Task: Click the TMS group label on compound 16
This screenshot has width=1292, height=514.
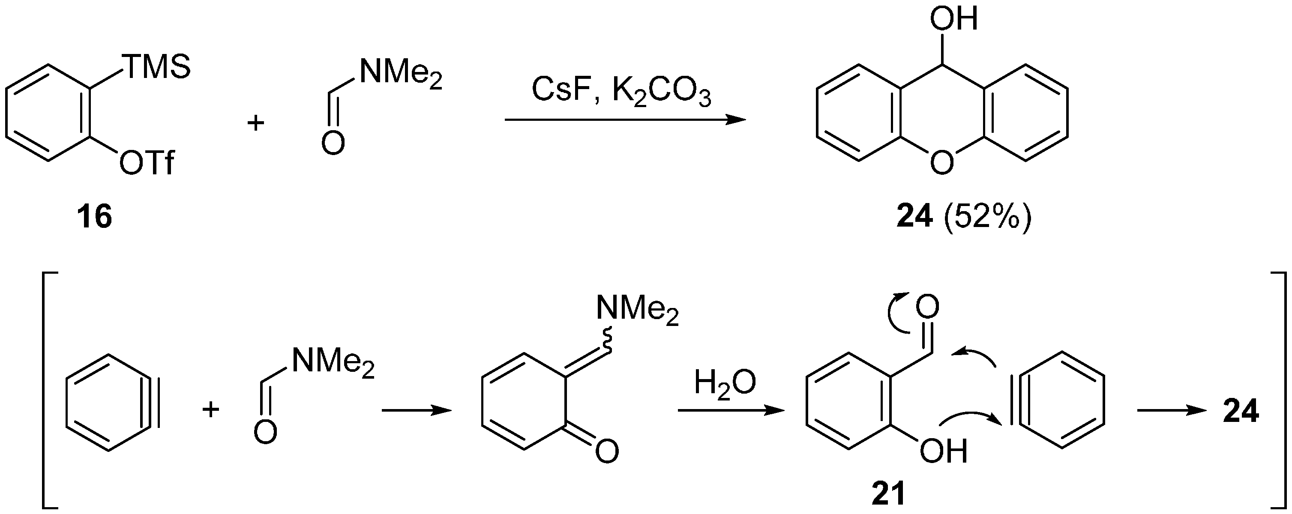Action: (157, 67)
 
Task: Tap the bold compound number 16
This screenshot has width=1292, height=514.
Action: (94, 218)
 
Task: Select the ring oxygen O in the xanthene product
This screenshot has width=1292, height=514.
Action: (941, 162)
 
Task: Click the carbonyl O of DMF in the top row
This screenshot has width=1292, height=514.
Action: (333, 143)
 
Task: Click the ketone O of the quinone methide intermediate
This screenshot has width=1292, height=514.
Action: (607, 451)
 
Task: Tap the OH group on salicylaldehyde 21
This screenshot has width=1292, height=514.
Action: (943, 451)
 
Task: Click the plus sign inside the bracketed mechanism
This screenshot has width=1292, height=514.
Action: (211, 409)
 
